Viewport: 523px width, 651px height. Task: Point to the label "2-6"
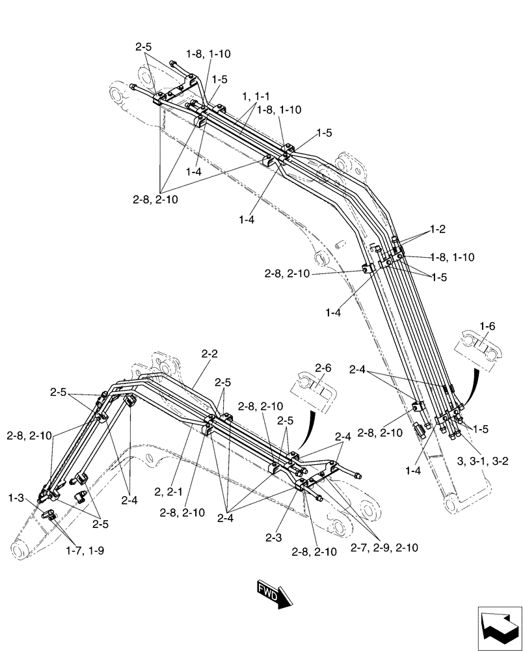323,368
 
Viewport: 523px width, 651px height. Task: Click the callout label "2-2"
209,354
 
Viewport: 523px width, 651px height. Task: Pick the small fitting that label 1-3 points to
48,514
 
